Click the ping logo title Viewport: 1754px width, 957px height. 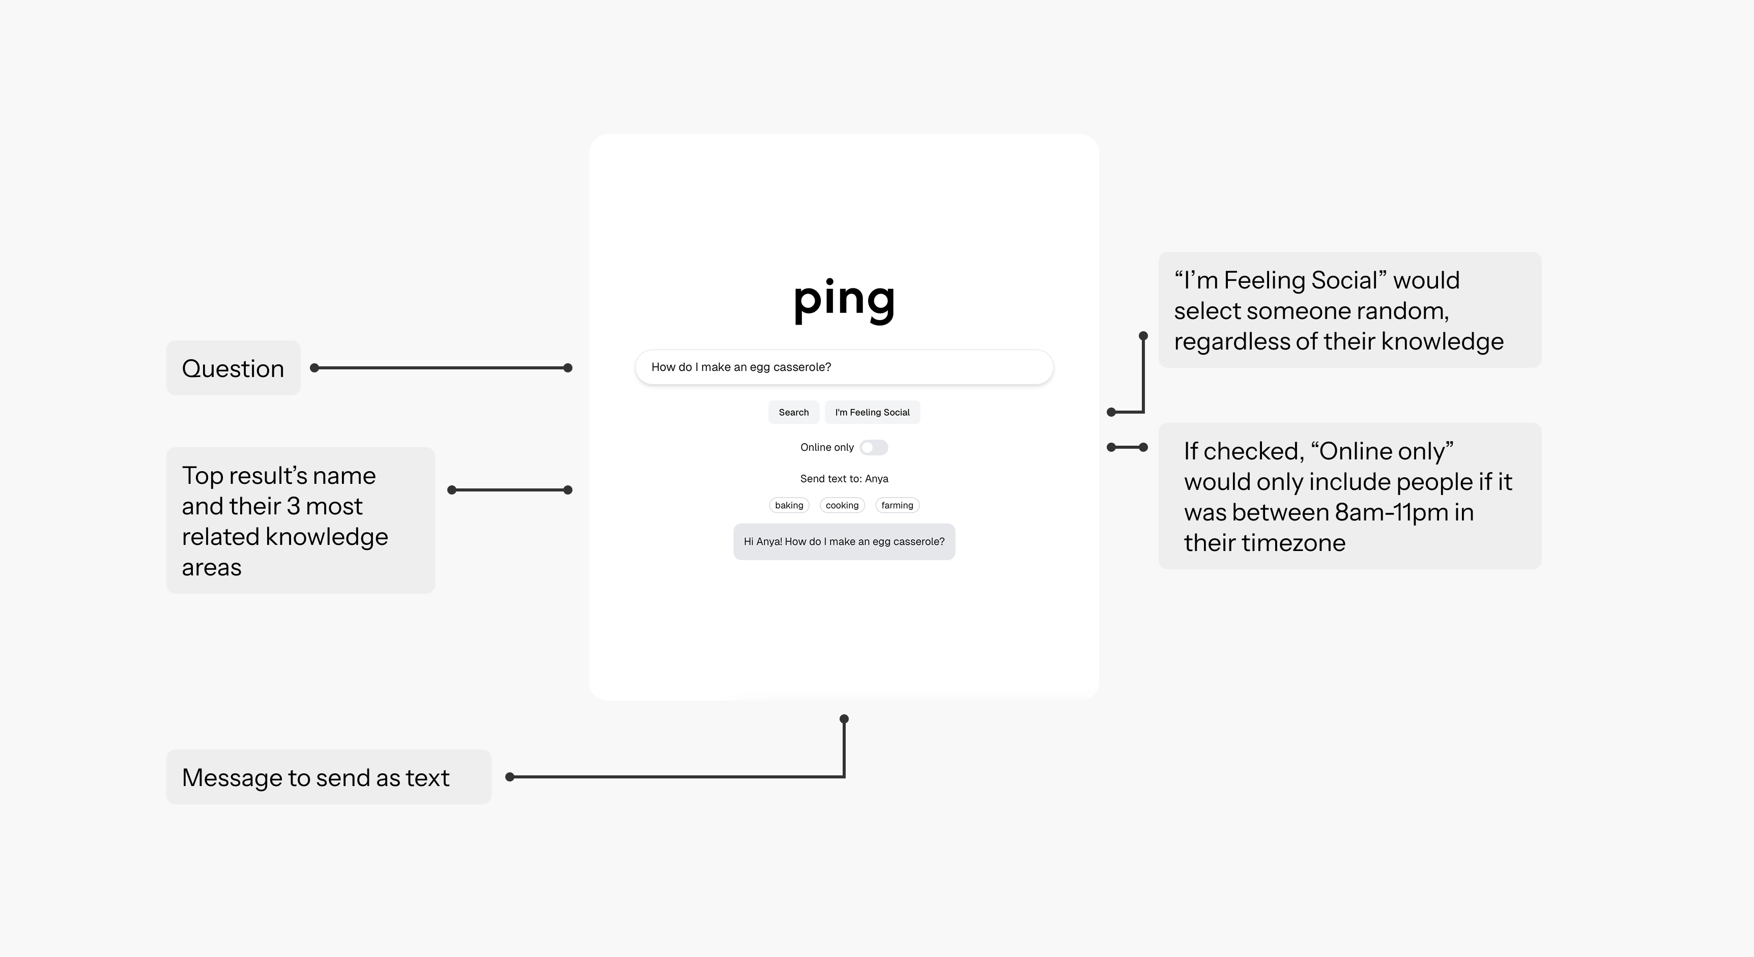coord(844,300)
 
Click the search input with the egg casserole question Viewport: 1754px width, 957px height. coord(844,367)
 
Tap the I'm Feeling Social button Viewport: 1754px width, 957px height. coord(872,412)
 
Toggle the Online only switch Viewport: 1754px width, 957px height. coord(874,447)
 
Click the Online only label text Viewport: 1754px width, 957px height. coord(826,447)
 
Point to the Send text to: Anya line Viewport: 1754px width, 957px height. coord(844,478)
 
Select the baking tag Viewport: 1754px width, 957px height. coord(789,505)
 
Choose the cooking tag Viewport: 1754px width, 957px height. coord(842,505)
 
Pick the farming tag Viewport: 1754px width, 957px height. coord(898,505)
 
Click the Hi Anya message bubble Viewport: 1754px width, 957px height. coord(844,542)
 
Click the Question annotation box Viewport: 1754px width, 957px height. coord(234,367)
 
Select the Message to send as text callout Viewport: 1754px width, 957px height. coord(329,776)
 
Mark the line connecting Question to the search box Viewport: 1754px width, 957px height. coord(441,367)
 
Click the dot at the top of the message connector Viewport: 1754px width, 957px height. coord(844,719)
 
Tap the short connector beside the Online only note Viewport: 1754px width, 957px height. coord(1128,447)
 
